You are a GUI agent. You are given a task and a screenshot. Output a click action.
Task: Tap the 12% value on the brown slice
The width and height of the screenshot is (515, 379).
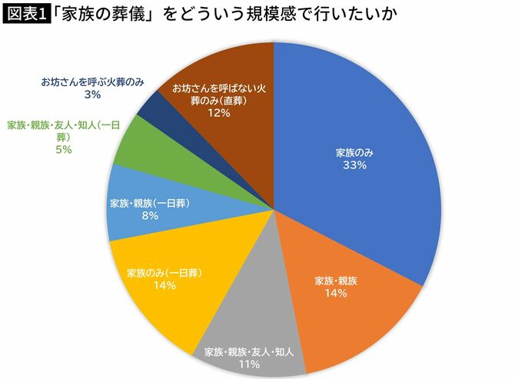(x=219, y=113)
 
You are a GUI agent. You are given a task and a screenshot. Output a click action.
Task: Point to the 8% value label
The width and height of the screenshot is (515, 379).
(x=149, y=216)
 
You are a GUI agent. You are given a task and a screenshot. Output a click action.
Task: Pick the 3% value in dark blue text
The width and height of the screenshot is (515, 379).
(x=93, y=95)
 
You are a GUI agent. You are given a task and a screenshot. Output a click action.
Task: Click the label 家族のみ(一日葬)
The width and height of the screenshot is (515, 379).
(x=164, y=272)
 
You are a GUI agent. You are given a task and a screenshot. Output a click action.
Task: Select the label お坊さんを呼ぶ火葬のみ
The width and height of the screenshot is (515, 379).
(x=93, y=81)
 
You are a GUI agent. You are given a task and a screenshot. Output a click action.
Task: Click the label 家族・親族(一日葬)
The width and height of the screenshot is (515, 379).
(x=150, y=203)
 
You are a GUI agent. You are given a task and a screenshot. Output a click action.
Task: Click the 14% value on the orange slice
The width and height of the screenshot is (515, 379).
(x=337, y=293)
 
